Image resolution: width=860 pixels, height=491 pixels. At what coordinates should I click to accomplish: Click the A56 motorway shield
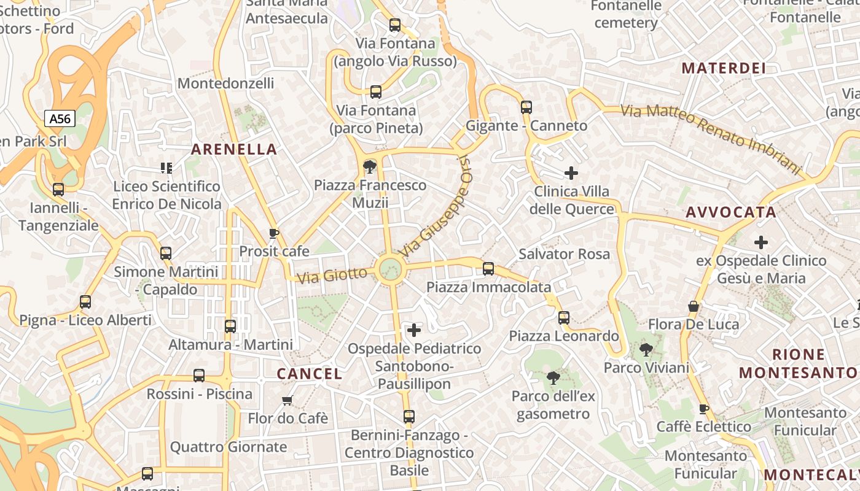(60, 118)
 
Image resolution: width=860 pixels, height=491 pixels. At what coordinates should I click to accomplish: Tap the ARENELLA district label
(234, 149)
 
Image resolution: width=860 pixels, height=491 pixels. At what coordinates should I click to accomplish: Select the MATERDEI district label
(724, 68)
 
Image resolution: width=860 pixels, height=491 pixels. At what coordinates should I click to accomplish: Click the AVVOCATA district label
(731, 212)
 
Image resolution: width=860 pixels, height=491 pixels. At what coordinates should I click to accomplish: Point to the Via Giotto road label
(332, 274)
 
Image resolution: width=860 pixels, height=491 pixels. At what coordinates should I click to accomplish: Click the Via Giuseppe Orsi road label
(437, 206)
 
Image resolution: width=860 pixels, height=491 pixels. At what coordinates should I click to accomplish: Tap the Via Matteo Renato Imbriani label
(711, 139)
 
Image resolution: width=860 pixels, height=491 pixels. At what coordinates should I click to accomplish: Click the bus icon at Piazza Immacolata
(488, 268)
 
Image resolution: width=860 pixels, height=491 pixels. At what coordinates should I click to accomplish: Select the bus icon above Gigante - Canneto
(526, 107)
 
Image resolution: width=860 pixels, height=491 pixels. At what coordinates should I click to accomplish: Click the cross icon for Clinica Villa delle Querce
(571, 173)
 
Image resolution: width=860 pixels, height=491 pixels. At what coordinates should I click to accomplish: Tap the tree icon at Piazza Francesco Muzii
(370, 166)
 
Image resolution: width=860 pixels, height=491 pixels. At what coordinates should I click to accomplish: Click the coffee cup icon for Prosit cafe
(274, 233)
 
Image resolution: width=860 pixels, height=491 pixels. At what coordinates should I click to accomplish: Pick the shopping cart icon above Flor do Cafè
(287, 401)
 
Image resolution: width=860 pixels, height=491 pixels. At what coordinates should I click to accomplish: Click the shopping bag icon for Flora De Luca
(694, 306)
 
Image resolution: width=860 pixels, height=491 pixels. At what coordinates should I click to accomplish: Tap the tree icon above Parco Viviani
(646, 350)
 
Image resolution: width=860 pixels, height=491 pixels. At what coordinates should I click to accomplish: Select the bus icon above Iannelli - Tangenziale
(58, 190)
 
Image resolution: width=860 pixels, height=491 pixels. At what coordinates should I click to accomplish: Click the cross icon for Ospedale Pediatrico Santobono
(415, 330)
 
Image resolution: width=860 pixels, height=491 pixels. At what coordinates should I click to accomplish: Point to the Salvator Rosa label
(564, 254)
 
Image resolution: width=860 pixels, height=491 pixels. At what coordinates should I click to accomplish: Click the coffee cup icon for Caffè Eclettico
(704, 409)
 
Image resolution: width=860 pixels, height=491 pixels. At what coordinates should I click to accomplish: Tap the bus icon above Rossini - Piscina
(199, 376)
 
